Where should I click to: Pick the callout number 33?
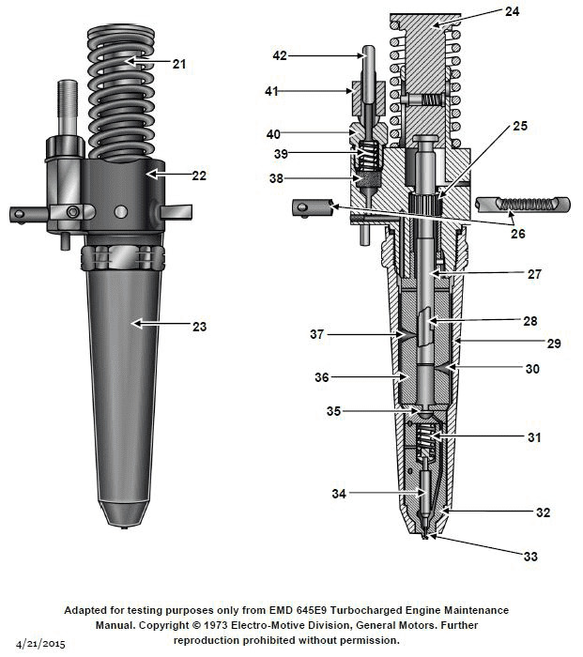[x=530, y=557]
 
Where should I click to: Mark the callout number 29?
[x=554, y=344]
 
